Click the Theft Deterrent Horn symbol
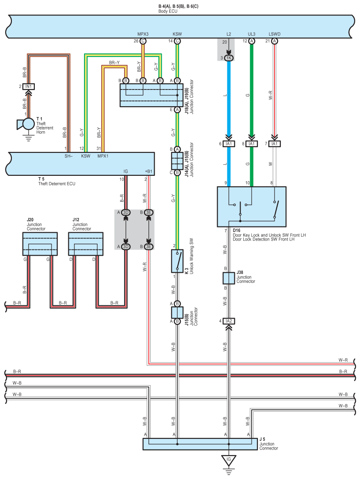click(x=26, y=124)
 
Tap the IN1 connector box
click(x=28, y=87)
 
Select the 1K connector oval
click(x=229, y=58)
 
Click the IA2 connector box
click(x=229, y=321)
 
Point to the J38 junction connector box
click(x=229, y=278)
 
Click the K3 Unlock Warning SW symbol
click(x=177, y=261)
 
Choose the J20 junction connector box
click(x=40, y=244)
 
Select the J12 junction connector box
click(x=86, y=244)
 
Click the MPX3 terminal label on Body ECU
click(x=143, y=34)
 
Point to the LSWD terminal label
click(x=275, y=34)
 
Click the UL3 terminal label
click(x=252, y=34)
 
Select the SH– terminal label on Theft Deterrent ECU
click(x=69, y=156)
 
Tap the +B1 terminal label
click(x=148, y=171)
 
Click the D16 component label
click(x=237, y=230)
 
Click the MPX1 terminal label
click(x=103, y=156)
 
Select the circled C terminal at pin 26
click(x=143, y=41)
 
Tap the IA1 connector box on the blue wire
click(x=229, y=144)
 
